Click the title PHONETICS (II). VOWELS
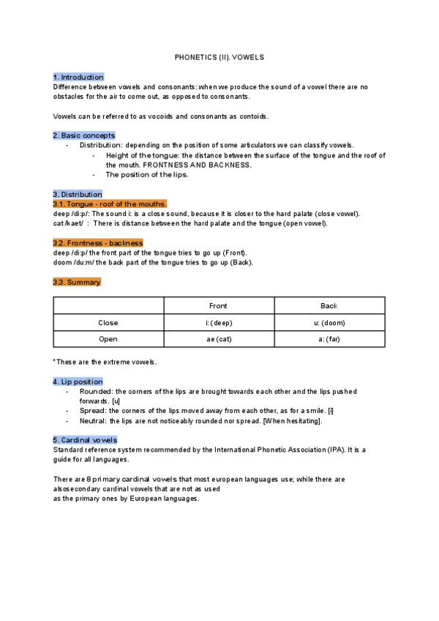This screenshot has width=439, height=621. point(219,56)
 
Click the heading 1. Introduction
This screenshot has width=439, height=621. point(78,77)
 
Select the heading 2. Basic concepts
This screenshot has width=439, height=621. point(83,135)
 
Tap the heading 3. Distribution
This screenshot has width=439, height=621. point(77,194)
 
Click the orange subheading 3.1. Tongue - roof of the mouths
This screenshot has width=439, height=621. point(110,204)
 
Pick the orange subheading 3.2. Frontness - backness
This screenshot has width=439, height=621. point(97,242)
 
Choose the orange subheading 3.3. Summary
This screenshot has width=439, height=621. point(77,282)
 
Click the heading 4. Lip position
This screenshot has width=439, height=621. point(78,382)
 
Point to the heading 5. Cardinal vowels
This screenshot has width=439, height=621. point(85,439)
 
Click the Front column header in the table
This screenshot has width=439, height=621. point(218,305)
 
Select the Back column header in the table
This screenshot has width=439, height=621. point(329,305)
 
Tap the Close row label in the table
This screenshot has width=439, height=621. point(108,322)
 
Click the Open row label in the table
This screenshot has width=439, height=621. point(108,339)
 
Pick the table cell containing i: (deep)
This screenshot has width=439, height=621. point(218,322)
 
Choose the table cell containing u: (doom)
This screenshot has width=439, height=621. point(329,322)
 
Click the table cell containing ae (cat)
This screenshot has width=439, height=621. point(218,339)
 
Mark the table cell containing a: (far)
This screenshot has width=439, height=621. point(329,339)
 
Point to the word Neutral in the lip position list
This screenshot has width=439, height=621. point(93,421)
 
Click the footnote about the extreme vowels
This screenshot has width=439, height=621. point(105,362)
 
